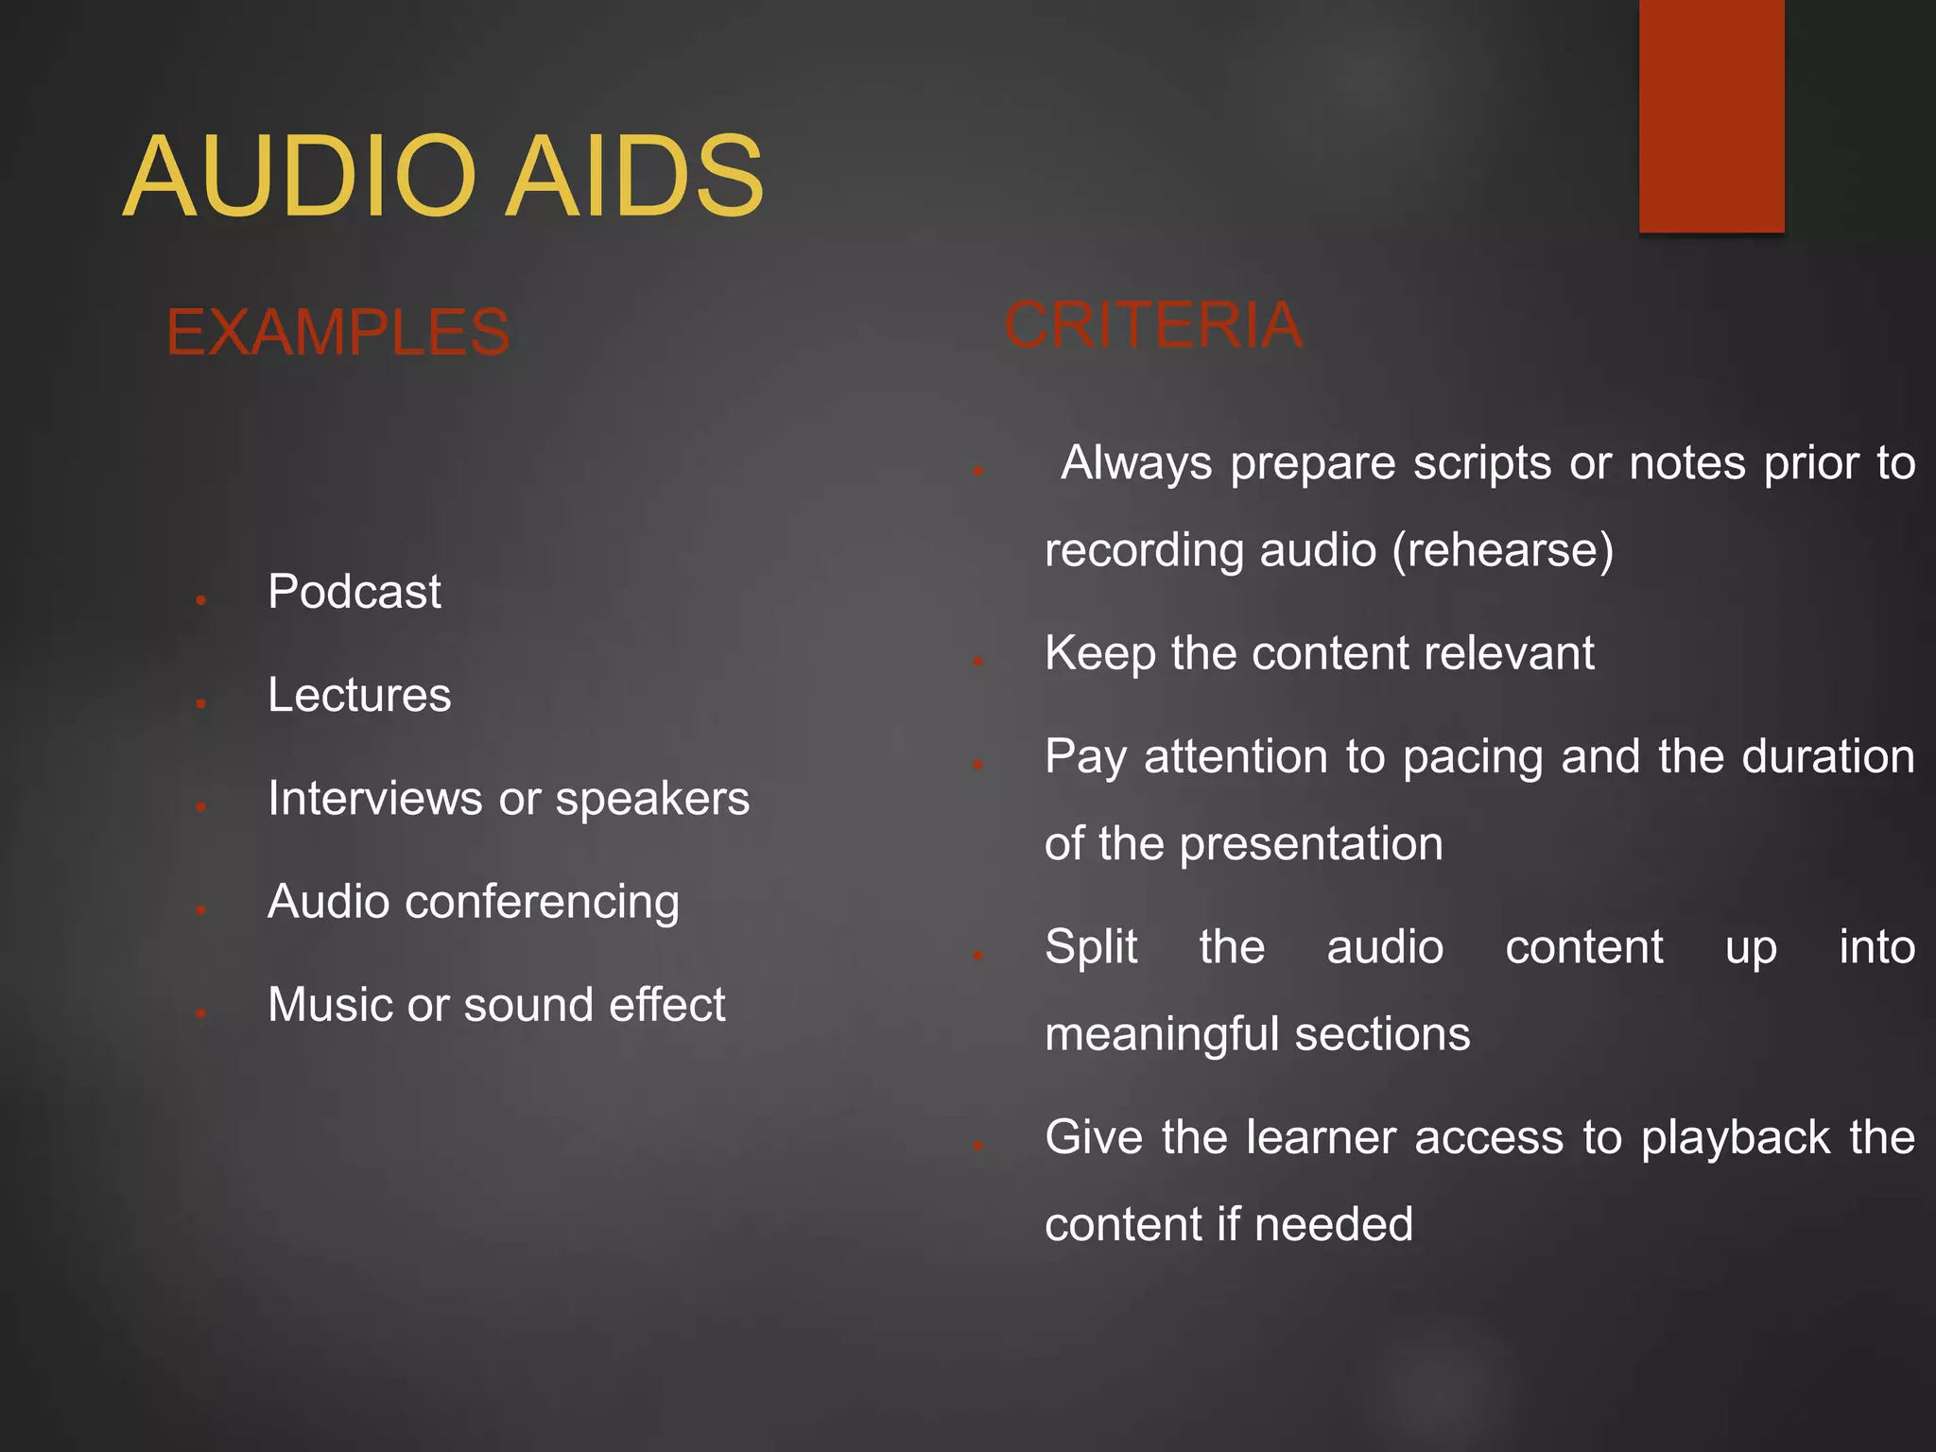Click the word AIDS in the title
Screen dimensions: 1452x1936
click(634, 177)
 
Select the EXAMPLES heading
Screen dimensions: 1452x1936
click(337, 333)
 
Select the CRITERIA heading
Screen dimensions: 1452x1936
click(1152, 325)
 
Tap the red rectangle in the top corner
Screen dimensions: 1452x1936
click(1711, 114)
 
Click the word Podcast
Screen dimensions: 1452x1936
click(354, 593)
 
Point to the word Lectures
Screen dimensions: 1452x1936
click(359, 696)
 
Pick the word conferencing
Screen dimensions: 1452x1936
click(542, 903)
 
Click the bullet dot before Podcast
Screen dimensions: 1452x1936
click(201, 599)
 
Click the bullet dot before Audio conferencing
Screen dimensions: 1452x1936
click(201, 909)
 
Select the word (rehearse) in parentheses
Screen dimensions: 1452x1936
click(1503, 550)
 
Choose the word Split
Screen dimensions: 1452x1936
click(1091, 947)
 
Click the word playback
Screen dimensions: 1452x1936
click(1736, 1138)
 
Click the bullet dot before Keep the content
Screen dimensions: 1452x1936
click(978, 661)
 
